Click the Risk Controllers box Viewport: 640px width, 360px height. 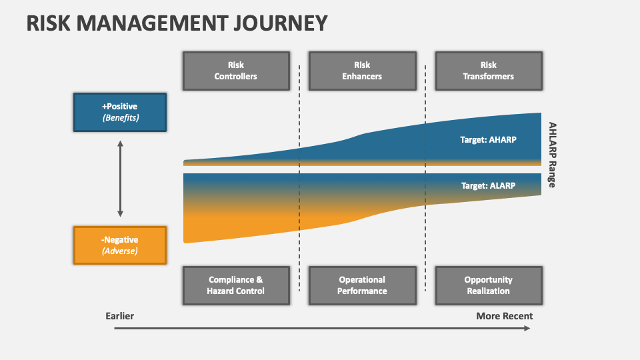pyautogui.click(x=235, y=71)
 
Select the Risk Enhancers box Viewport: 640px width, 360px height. pyautogui.click(x=362, y=71)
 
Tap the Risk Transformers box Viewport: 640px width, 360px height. pyautogui.click(x=489, y=71)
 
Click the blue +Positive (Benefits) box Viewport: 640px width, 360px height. pyautogui.click(x=120, y=112)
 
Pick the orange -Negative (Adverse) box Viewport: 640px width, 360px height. pyautogui.click(x=120, y=245)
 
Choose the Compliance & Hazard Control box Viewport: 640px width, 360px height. pyautogui.click(x=235, y=285)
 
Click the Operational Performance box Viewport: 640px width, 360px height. pyautogui.click(x=362, y=285)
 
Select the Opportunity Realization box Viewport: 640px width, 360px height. pyautogui.click(x=489, y=285)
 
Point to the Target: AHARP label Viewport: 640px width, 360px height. pyautogui.click(x=489, y=140)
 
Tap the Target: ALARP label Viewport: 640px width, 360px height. pyautogui.click(x=489, y=186)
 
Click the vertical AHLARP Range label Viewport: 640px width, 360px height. pyautogui.click(x=552, y=155)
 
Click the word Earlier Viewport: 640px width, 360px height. pyautogui.click(x=120, y=316)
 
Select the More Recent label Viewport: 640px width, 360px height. pyautogui.click(x=504, y=316)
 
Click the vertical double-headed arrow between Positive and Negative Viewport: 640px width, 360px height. pyautogui.click(x=120, y=178)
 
